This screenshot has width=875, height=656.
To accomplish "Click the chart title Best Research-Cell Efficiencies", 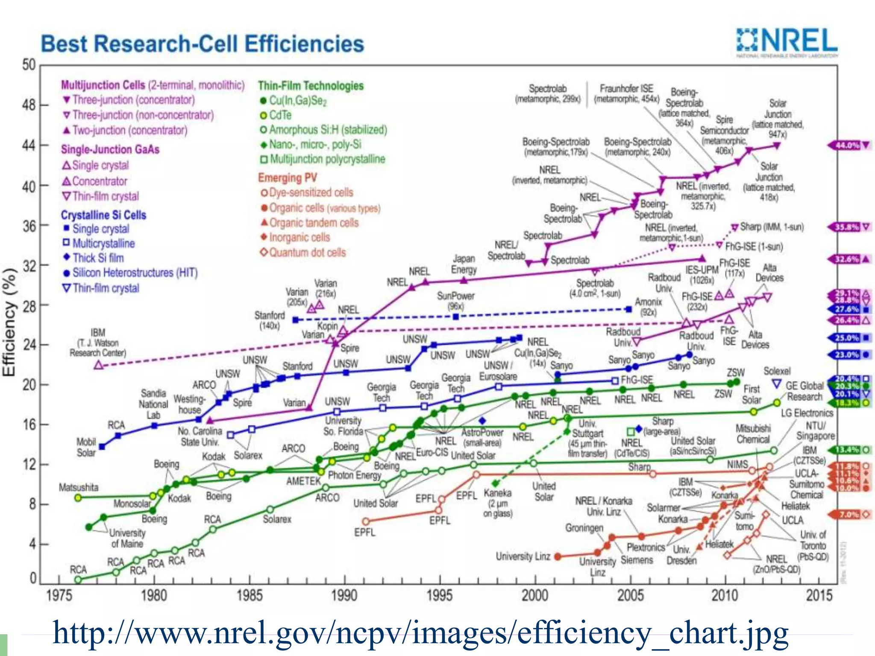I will point(202,44).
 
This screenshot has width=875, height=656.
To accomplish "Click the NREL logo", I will point(787,42).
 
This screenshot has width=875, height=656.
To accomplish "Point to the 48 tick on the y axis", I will point(29,105).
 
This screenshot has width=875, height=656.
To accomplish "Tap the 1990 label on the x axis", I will point(344,595).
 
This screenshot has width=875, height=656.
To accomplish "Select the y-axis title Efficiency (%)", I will point(9,322).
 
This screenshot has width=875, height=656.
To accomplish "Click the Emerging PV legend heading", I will point(287,178).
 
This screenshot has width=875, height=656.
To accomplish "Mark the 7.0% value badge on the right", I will point(847,515).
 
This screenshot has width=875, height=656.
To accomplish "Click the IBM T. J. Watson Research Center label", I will point(98,343).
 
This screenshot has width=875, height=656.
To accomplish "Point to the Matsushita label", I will point(79,487).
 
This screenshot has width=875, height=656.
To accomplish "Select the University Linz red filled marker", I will point(558,556).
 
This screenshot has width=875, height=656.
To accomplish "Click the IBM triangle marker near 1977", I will point(99,365).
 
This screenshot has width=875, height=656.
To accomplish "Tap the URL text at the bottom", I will point(420,633).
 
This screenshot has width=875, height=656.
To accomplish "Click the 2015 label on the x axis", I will point(819,595).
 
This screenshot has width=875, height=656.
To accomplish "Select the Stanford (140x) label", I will point(270,320).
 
